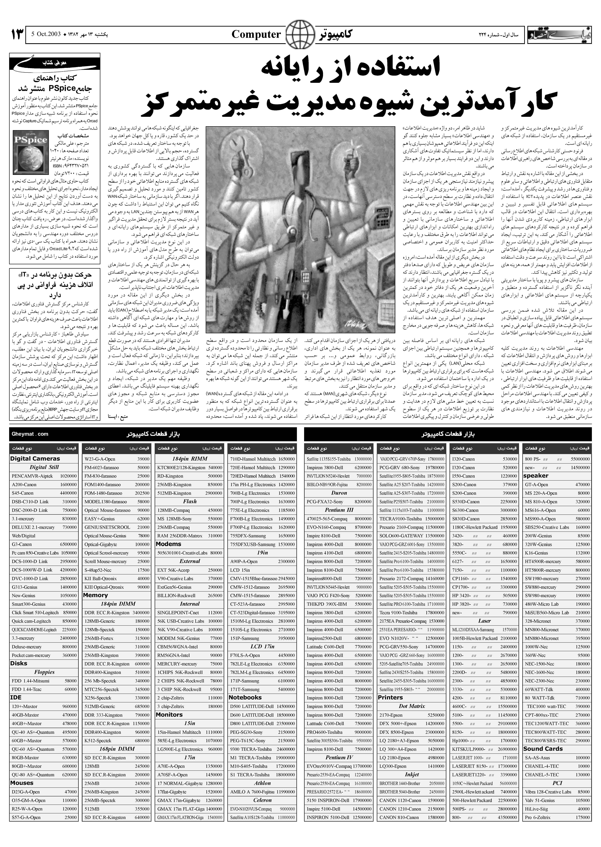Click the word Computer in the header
point(256,34)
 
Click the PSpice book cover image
point(31,152)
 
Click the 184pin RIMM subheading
point(189,459)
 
